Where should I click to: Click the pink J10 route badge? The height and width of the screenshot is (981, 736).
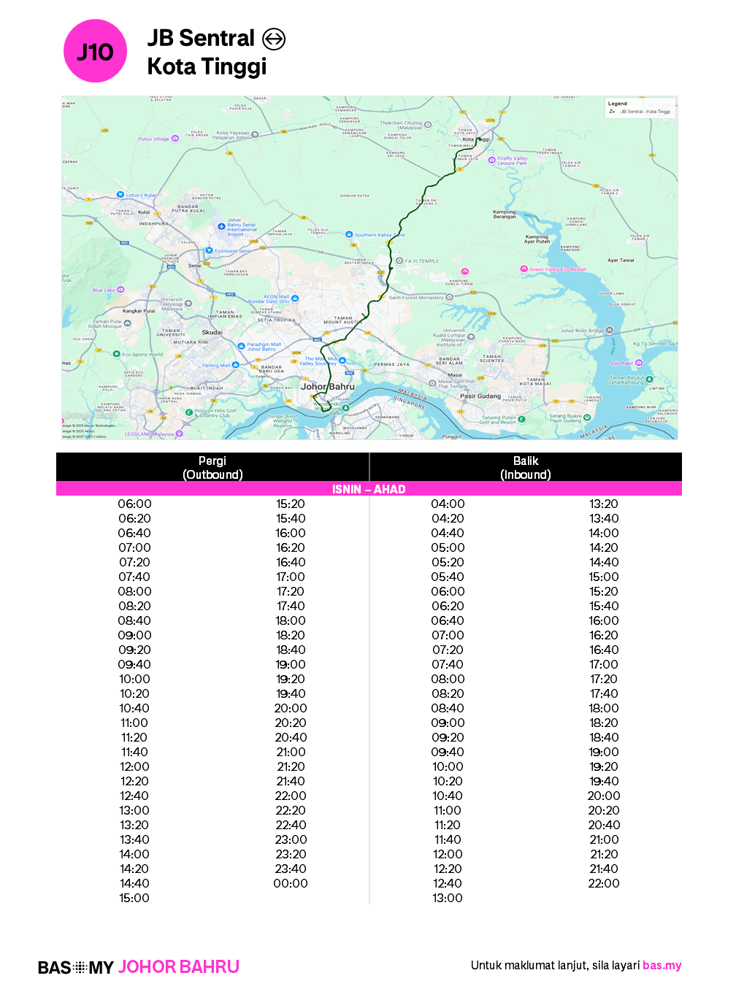(x=95, y=51)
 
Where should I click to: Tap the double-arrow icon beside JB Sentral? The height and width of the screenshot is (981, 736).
(x=274, y=39)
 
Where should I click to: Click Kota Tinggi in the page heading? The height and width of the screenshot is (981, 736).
(x=207, y=66)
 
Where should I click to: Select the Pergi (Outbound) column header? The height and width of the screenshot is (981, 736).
(x=212, y=467)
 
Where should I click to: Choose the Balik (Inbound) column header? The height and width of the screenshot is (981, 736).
(x=526, y=467)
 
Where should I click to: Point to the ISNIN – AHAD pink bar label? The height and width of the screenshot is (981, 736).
(x=369, y=489)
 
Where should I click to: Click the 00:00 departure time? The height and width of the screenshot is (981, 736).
(x=291, y=883)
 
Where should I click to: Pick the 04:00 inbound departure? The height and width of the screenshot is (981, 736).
(x=448, y=504)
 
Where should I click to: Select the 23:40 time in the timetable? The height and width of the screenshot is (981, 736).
(x=291, y=869)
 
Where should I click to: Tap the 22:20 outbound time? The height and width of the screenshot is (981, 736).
(x=291, y=810)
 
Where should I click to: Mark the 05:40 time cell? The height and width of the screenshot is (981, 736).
(x=448, y=577)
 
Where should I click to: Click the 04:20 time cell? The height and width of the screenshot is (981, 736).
(x=448, y=518)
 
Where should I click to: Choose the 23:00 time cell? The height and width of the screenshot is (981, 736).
(x=291, y=839)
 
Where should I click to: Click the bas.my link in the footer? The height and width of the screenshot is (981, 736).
(x=662, y=965)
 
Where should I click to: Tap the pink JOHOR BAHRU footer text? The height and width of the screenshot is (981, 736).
(x=179, y=967)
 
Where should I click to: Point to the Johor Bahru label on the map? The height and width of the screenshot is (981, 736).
(x=328, y=387)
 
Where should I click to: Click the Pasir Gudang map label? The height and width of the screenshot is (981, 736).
(x=480, y=396)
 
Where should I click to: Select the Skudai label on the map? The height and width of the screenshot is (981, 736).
(x=212, y=332)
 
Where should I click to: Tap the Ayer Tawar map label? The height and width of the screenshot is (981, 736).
(x=621, y=260)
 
